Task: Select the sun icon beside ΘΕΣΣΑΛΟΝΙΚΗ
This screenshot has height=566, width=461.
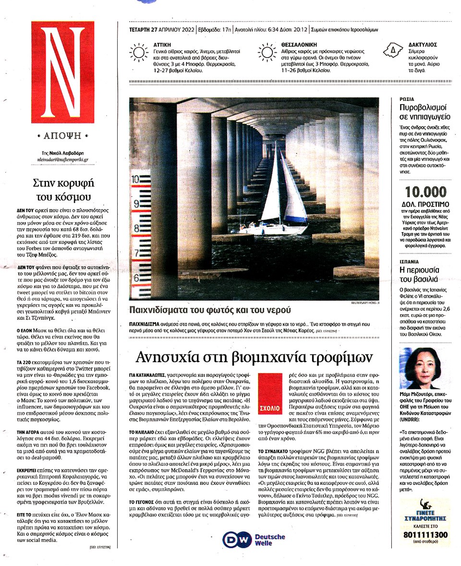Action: point(267,52)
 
